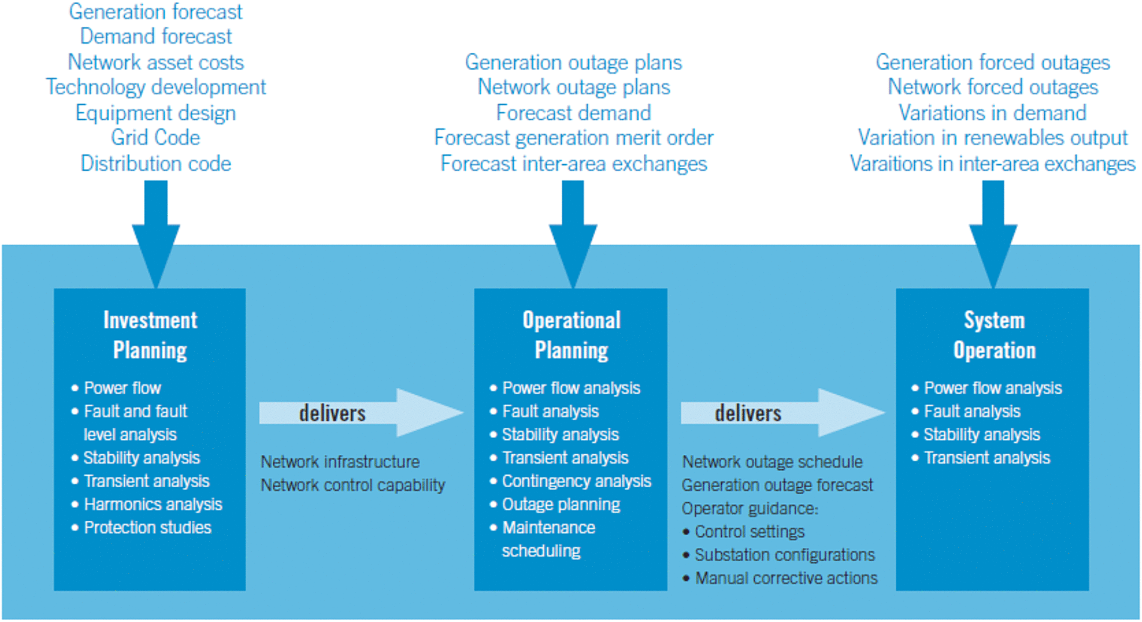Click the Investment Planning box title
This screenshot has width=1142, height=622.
[150, 335]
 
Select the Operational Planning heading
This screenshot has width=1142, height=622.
[571, 335]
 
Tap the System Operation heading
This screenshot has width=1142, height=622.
[995, 335]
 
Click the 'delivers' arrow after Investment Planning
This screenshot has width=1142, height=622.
[361, 412]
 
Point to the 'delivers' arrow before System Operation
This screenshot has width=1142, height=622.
[783, 412]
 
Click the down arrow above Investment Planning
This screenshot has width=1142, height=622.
[156, 234]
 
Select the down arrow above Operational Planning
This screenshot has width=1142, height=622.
[573, 234]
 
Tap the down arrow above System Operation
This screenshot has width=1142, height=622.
[993, 234]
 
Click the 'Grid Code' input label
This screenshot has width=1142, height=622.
[155, 138]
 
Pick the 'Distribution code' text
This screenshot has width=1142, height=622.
[156, 164]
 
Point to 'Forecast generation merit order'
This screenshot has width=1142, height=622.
[574, 138]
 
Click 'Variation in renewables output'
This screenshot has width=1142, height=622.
[993, 138]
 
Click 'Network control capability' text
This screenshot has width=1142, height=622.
[353, 485]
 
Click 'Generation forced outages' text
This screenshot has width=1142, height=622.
[993, 62]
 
